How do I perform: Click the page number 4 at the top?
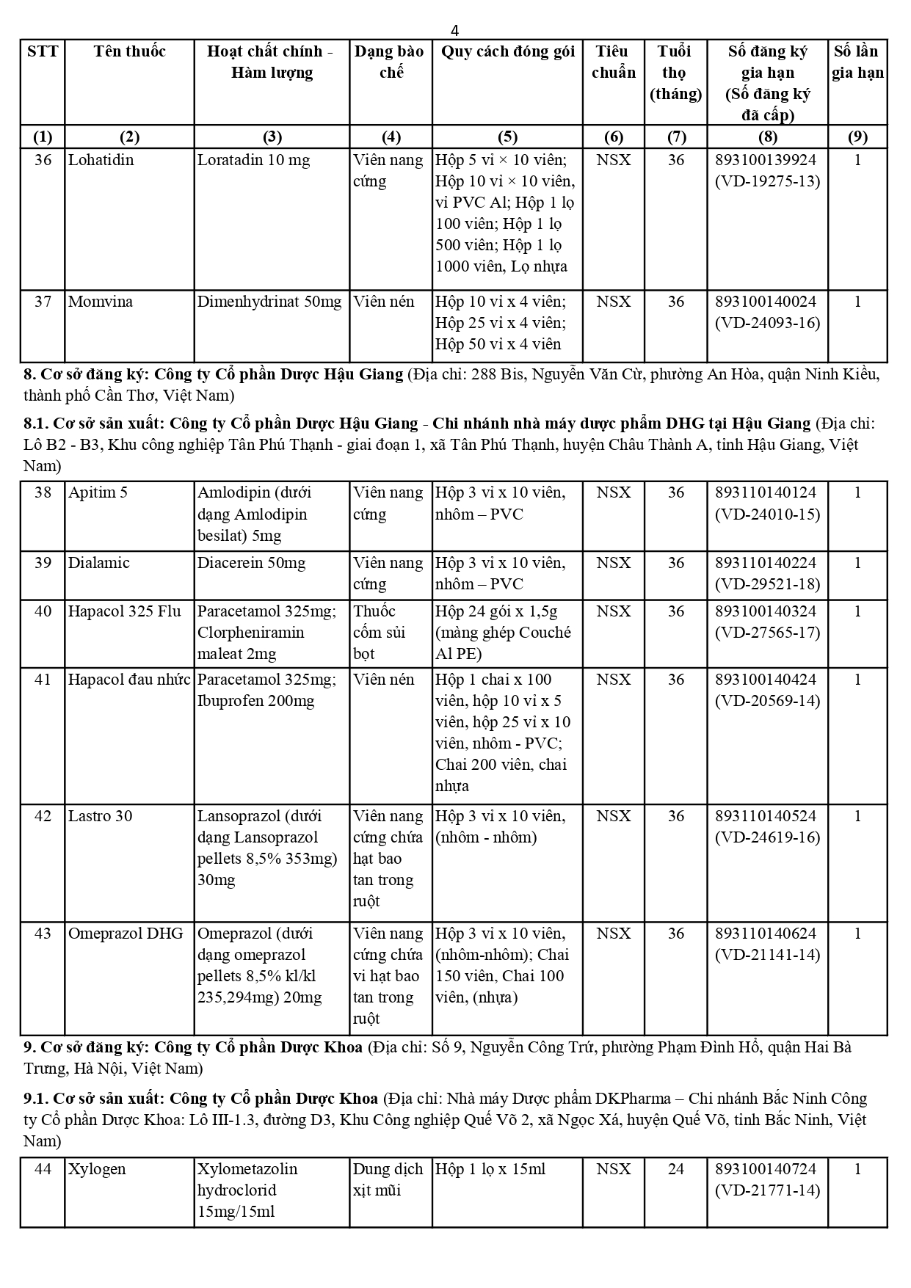(x=455, y=30)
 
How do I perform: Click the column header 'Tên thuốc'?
(x=129, y=51)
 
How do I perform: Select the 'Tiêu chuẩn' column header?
(x=613, y=62)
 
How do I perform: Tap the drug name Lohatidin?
(x=101, y=160)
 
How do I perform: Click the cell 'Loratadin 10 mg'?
(x=253, y=160)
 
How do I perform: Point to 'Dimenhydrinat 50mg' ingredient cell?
(x=269, y=302)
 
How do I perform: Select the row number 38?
(x=43, y=492)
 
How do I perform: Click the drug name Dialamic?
(x=98, y=563)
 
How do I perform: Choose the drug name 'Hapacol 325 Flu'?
(x=124, y=611)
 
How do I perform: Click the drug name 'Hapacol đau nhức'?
(x=129, y=680)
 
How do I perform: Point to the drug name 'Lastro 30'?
(x=100, y=816)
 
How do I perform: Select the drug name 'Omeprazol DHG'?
(x=126, y=934)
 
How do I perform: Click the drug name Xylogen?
(x=97, y=1169)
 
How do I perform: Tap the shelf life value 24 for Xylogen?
(x=675, y=1169)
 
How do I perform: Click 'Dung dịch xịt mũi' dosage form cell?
(x=388, y=1179)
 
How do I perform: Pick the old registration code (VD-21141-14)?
(x=767, y=955)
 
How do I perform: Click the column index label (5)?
(x=507, y=137)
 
